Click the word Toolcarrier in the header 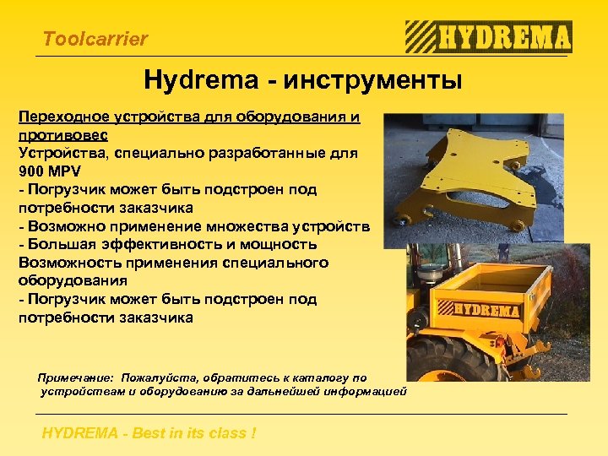pyautogui.click(x=95, y=39)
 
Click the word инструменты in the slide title pyautogui.click(x=372, y=81)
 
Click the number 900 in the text pyautogui.click(x=33, y=171)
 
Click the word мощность pyautogui.click(x=279, y=244)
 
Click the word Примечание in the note pyautogui.click(x=77, y=377)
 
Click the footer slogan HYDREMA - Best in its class pyautogui.click(x=149, y=433)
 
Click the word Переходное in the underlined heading pyautogui.click(x=58, y=117)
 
